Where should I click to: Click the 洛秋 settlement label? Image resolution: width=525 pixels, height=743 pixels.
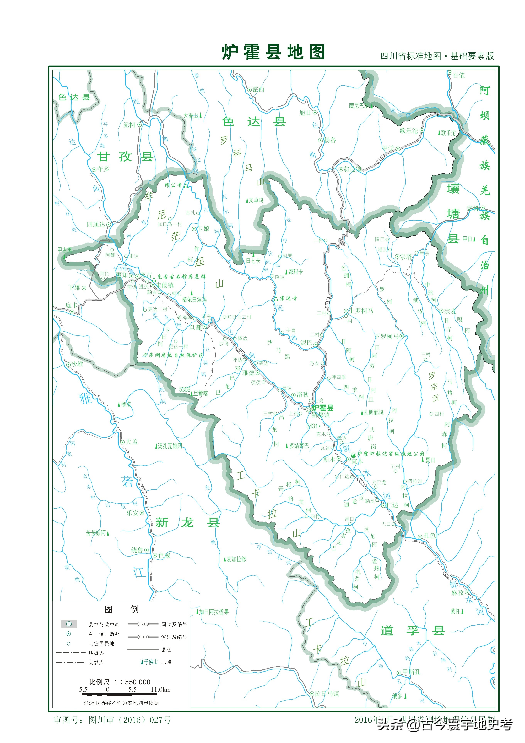click(302, 394)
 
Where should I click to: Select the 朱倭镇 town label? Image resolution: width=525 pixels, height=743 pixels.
click(165, 285)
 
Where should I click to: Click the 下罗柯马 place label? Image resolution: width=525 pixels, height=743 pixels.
click(387, 336)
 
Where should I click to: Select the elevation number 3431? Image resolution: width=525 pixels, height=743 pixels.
click(312, 426)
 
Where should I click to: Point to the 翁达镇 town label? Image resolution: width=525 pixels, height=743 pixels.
click(352, 169)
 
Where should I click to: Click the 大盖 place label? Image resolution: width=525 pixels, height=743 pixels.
click(132, 442)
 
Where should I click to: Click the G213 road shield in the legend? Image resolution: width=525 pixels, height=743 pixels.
click(143, 624)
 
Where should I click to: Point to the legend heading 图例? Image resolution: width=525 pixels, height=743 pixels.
click(121, 609)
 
